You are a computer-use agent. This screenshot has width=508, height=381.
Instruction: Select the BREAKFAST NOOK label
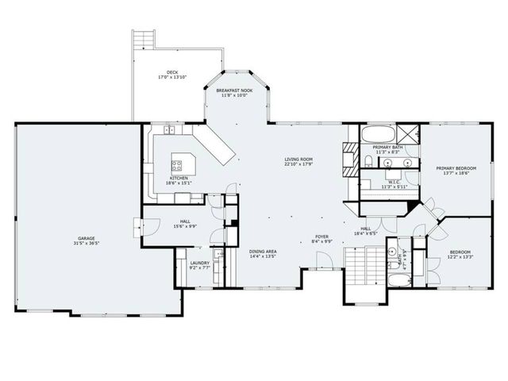click(x=236, y=91)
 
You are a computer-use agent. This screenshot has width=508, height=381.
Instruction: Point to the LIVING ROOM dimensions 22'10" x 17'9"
click(x=299, y=165)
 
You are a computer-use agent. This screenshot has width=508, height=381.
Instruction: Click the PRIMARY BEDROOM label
click(x=455, y=168)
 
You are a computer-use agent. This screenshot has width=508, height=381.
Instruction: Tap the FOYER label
click(x=321, y=236)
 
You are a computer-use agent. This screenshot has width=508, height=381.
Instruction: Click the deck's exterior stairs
click(x=143, y=39)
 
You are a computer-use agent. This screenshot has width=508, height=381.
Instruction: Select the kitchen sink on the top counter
click(x=169, y=130)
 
